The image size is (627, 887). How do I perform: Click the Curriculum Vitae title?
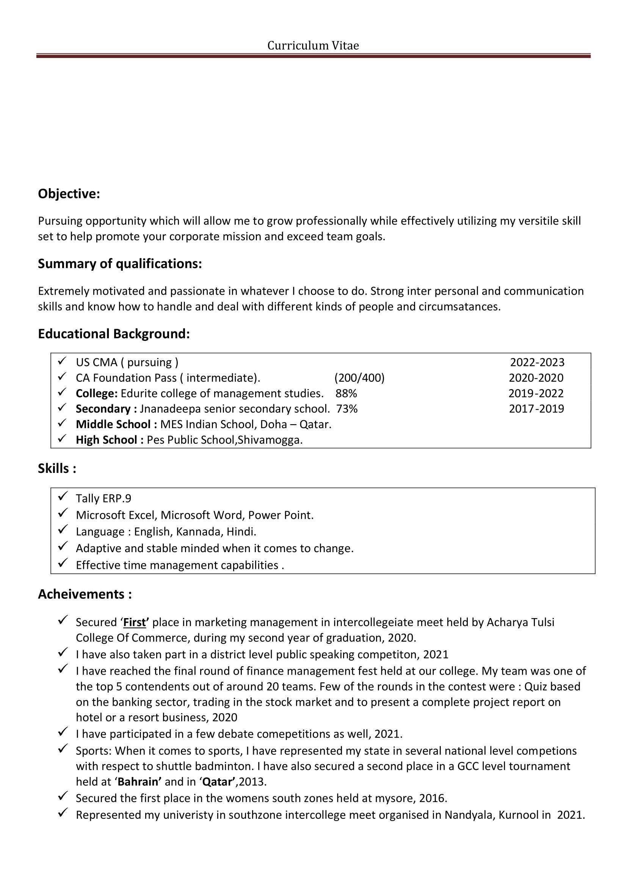[x=313, y=46]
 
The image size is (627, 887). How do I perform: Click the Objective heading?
[x=69, y=193]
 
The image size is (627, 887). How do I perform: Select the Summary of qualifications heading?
[x=120, y=264]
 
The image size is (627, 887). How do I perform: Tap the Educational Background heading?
[x=114, y=333]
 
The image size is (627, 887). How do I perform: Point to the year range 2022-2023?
[x=537, y=363]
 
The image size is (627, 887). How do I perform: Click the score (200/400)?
[x=359, y=378]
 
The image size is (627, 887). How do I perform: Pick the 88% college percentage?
[x=346, y=393]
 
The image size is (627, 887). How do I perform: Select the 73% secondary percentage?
[x=347, y=409]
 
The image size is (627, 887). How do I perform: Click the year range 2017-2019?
[x=536, y=409]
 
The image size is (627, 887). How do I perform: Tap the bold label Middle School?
[x=113, y=424]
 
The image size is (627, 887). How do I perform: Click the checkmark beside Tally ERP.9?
[x=63, y=496]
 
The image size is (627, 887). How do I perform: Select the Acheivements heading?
[x=85, y=594]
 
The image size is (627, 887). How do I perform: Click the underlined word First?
[x=134, y=622]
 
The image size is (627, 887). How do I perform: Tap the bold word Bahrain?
[x=139, y=782]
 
